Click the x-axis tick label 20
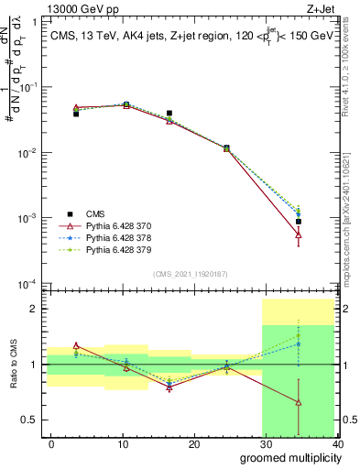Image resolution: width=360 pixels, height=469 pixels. [x=193, y=443]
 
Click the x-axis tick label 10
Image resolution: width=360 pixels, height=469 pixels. [x=122, y=443]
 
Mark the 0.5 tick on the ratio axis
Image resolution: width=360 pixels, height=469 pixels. [x=32, y=420]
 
